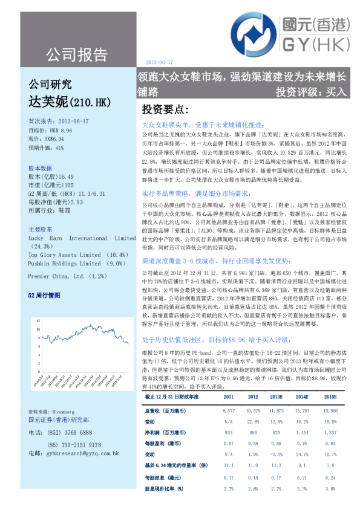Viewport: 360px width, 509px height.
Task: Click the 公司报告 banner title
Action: pos(76,54)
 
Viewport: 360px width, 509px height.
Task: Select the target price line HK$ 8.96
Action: pos(50,130)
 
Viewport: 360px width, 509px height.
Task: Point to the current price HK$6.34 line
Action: pos(45,139)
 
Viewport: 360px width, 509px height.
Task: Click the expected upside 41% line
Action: pos(46,148)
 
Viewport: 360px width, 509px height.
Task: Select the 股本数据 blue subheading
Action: pos(41,167)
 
